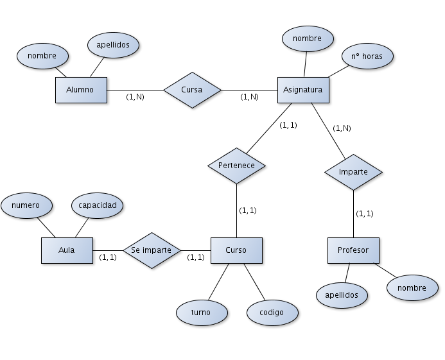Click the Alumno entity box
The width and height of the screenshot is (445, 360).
[x=81, y=90]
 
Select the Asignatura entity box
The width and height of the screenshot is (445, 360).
[x=303, y=90]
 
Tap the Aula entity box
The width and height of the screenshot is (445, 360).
[x=67, y=250]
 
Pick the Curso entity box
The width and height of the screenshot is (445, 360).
[x=236, y=250]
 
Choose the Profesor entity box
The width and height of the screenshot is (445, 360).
[x=353, y=250]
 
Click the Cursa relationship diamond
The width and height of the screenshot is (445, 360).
[x=192, y=90]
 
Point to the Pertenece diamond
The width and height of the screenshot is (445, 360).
[x=236, y=165]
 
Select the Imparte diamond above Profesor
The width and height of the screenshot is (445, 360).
[x=353, y=172]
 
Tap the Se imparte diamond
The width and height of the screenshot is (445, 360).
[x=152, y=250]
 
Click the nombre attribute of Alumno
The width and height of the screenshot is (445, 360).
[x=42, y=56]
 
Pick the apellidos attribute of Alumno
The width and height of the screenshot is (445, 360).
[x=113, y=45]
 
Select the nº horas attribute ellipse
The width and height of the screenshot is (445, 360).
[x=367, y=56]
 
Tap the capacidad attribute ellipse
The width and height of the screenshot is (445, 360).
[x=97, y=205]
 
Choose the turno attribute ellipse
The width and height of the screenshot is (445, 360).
[x=201, y=312]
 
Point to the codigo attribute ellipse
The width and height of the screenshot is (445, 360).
[x=273, y=313]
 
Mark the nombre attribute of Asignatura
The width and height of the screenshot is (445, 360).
[x=307, y=39]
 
